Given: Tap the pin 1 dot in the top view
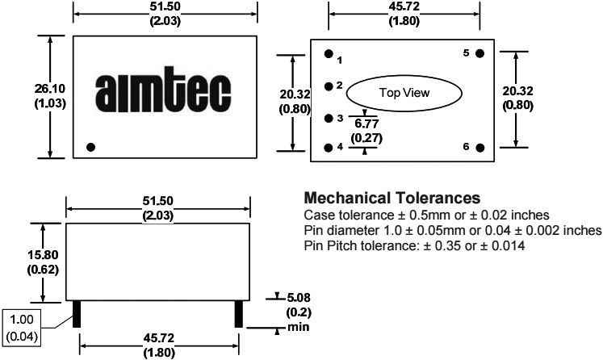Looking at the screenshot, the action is pos(329,54).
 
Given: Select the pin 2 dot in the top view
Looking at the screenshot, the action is pos(329,86).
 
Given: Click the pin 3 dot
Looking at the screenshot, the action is pos(329,118).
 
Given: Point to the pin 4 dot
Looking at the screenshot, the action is pos(329,148).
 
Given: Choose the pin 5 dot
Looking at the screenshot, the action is pos(479,53).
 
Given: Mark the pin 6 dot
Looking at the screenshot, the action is pos(480,148).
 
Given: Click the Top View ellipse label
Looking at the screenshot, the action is pos(404,93).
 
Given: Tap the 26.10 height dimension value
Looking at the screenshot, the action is pos(50,89).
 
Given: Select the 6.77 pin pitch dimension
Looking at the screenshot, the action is pos(366,123).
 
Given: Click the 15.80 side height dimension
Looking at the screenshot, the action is pos(43,255).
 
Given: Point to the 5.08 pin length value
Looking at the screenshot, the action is pos(299,298).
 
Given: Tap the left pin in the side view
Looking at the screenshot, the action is pos(77,314).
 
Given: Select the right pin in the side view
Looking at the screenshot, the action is pos(239,314).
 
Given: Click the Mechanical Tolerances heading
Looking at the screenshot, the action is pos(392,198).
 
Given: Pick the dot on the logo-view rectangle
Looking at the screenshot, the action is pos(90,147).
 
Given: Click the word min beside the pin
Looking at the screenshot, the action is pos(299,327).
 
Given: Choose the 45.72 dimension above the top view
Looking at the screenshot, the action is pos(404,6).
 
